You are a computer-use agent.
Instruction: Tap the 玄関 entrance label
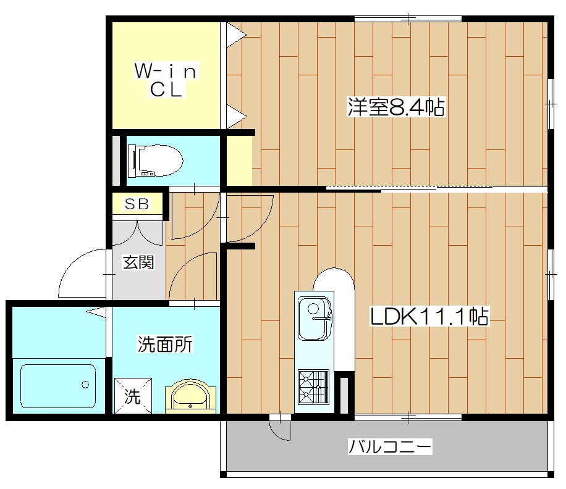pyautogui.click(x=137, y=262)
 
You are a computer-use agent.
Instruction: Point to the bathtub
pyautogui.click(x=58, y=386)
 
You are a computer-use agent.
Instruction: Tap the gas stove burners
pyautogui.click(x=313, y=385)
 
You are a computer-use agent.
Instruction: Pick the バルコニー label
pyautogui.click(x=389, y=446)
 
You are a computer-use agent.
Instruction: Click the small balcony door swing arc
pyautogui.click(x=281, y=430)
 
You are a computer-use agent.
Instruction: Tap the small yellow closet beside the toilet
pyautogui.click(x=239, y=160)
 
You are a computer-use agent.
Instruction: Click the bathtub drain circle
pyautogui.click(x=85, y=385)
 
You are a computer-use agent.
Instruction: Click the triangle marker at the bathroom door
pyautogui.click(x=96, y=312)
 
